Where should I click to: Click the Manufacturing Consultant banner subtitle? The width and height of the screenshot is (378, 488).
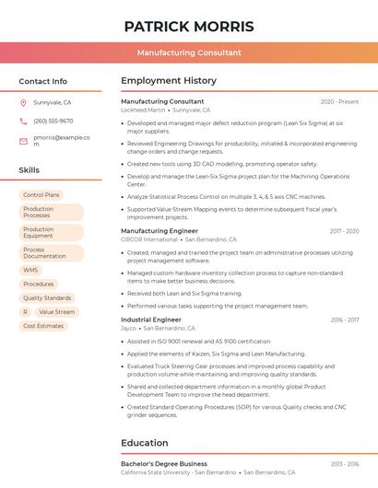[189, 53]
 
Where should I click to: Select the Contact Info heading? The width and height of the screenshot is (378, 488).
[43, 81]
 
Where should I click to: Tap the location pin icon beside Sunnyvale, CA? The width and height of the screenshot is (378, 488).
[23, 103]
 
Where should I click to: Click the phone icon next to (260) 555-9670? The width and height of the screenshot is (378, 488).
[23, 121]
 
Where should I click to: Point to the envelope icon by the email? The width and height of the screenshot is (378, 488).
[23, 141]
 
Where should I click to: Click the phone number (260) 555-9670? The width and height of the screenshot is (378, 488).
[53, 121]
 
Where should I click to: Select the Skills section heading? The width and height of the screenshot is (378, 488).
[30, 170]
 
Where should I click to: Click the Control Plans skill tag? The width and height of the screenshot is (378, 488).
[41, 195]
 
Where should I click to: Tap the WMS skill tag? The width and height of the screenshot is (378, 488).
[30, 271]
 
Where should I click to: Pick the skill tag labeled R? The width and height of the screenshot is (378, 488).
[25, 312]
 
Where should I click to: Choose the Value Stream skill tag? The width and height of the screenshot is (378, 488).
[57, 312]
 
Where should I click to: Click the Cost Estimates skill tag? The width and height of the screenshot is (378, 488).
[43, 326]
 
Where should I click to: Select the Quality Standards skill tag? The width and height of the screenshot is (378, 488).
[47, 298]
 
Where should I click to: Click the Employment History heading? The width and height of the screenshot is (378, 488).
[169, 81]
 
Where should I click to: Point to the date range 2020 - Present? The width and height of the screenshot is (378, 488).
[339, 101]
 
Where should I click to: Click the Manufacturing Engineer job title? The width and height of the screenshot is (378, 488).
[159, 231]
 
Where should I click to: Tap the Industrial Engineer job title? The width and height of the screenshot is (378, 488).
[151, 320]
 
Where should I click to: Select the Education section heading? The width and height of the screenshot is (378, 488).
[145, 443]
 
